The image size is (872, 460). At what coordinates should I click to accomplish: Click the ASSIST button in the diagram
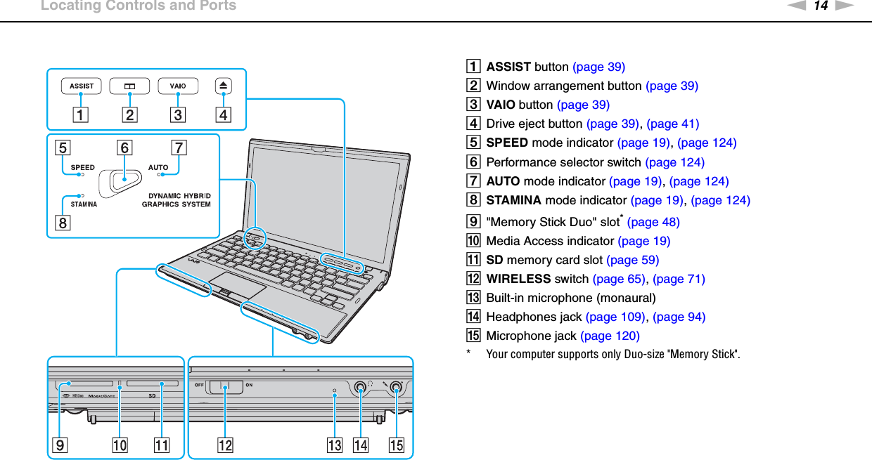pos(82,86)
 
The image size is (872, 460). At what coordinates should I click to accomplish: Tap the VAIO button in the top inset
pos(178,86)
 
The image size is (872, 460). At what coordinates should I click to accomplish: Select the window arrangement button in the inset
pos(129,86)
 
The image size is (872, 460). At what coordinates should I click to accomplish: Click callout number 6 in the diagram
pos(124,148)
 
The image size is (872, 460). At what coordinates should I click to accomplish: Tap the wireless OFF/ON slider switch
pos(226,386)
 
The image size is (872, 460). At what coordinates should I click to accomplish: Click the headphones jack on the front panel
pos(361,386)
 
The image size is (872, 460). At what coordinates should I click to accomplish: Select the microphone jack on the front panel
pos(396,386)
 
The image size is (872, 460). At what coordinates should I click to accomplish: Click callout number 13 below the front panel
pos(334,445)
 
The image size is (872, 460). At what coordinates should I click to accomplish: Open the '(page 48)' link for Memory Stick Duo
pos(653,222)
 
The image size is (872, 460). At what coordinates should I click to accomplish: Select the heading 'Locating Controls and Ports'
pos(139,6)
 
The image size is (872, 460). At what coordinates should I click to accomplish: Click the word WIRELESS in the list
pos(518,279)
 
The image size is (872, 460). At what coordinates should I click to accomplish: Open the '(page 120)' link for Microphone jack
pos(610,336)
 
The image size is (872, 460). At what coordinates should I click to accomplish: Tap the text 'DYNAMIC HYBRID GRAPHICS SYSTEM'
pos(177,200)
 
